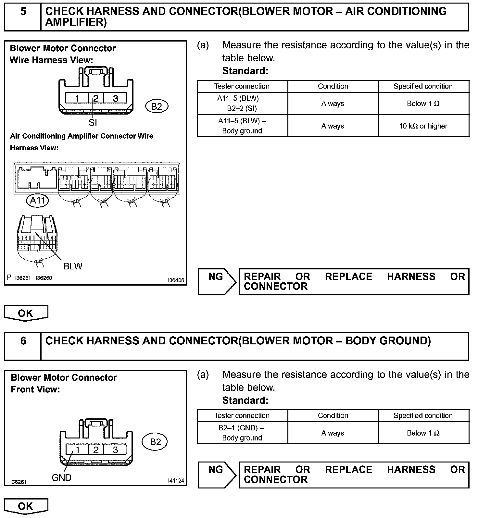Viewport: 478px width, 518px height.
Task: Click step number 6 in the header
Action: (x=23, y=341)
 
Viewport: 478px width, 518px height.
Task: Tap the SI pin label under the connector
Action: (x=93, y=122)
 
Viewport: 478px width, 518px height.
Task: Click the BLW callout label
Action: (x=73, y=266)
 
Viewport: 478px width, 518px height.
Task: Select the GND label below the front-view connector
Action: (x=61, y=477)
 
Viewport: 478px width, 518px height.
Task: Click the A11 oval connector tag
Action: (x=37, y=200)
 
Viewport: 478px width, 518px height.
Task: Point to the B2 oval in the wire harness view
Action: (x=157, y=106)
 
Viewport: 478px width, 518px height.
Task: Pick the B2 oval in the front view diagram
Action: (x=156, y=442)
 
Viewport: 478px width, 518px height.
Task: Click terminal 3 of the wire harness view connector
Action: (x=115, y=98)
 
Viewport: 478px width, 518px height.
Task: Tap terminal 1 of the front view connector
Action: (x=78, y=450)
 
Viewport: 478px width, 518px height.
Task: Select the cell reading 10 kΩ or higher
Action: (x=423, y=126)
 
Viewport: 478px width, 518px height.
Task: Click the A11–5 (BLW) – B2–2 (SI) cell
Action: (x=242, y=104)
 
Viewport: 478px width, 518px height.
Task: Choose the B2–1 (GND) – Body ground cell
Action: (x=242, y=433)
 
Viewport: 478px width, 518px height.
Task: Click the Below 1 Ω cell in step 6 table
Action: (x=423, y=433)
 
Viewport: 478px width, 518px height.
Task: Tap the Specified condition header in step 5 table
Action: (x=423, y=86)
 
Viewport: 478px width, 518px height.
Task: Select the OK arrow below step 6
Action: (x=26, y=506)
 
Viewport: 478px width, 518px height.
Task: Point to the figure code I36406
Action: (x=176, y=280)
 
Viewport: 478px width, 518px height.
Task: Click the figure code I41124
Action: (x=176, y=480)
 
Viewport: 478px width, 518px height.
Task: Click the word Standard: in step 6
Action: (x=245, y=401)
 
